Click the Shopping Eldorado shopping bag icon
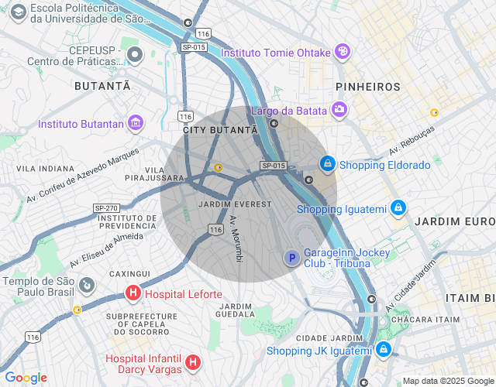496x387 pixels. tap(329, 164)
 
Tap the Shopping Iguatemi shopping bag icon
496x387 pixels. tap(398, 208)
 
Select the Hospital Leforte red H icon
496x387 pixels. tap(133, 294)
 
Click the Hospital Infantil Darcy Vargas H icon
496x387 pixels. tap(193, 361)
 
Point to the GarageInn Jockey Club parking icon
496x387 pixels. tap(291, 258)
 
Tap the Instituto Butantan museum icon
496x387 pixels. tap(136, 123)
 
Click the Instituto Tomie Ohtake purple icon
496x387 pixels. tap(343, 52)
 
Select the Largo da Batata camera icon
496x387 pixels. tap(339, 110)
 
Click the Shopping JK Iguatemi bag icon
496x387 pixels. tap(383, 350)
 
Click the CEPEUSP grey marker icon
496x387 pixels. tap(136, 54)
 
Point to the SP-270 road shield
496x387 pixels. tap(106, 208)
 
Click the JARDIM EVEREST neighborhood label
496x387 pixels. tap(236, 204)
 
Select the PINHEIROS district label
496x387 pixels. tap(368, 87)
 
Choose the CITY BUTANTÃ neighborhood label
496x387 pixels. tap(219, 131)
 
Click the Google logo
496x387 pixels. tap(26, 378)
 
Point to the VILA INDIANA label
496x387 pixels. tap(46, 168)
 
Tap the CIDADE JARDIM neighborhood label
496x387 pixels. tap(330, 338)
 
